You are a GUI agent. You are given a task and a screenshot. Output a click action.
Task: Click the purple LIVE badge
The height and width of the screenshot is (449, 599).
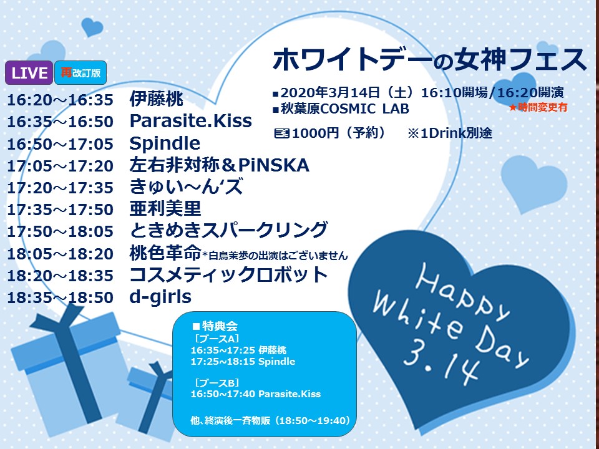(29, 72)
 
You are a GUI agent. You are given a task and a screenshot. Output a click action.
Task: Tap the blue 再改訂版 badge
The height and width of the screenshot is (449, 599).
(80, 72)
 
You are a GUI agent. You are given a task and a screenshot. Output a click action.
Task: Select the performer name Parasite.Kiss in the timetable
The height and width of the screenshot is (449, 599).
(191, 121)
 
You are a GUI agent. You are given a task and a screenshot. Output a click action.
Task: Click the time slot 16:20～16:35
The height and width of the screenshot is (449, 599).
(61, 100)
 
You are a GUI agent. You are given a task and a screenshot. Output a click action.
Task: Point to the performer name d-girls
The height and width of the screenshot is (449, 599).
(160, 297)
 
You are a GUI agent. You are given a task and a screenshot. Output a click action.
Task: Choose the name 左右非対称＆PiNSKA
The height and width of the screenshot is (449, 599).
(219, 165)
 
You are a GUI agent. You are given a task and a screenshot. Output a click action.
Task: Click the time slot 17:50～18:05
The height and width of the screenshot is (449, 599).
(61, 231)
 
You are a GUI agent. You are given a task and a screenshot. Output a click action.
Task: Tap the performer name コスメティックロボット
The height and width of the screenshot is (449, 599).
(228, 274)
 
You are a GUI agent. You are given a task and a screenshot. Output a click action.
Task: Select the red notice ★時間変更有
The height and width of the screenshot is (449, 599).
(538, 107)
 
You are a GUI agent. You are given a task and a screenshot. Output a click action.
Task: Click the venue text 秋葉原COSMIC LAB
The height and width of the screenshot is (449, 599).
(345, 109)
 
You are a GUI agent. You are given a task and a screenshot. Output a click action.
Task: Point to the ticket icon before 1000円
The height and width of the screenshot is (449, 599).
(282, 133)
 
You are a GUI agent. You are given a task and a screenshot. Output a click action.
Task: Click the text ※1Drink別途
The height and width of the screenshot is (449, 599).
(450, 133)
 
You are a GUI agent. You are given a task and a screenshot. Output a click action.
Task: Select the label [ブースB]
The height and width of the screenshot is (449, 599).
(217, 382)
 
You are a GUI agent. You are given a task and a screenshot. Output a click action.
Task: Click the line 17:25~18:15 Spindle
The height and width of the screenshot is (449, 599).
(243, 361)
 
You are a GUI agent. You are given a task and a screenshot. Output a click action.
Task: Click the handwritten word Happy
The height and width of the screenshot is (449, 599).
(462, 292)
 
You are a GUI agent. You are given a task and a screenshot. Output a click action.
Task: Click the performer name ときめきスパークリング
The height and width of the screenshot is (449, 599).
(228, 230)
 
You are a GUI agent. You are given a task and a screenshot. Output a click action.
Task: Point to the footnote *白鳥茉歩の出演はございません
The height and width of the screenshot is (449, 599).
(275, 256)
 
